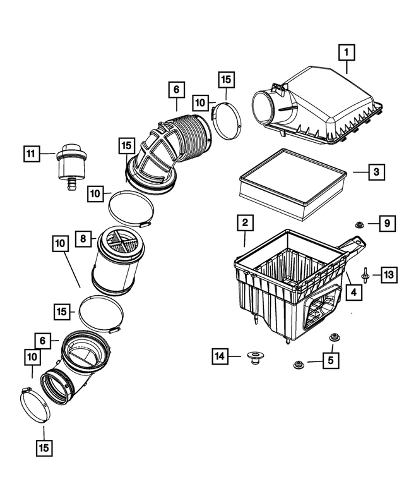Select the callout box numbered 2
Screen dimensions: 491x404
244,222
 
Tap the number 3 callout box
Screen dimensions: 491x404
375,171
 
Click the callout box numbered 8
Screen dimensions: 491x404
83,239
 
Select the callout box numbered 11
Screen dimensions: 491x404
30,153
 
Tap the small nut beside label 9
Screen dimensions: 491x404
358,224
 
